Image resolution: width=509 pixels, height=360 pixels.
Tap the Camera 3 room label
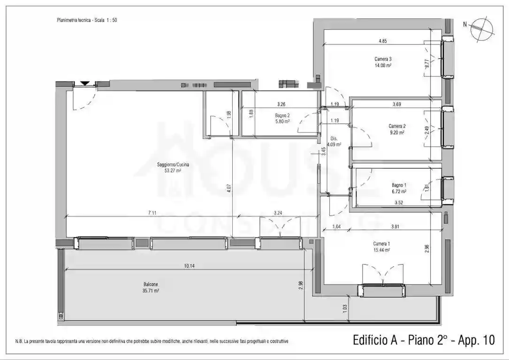tap(383, 59)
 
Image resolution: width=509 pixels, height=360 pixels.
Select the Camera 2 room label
tap(397, 126)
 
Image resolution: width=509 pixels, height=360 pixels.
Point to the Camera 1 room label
tap(381, 244)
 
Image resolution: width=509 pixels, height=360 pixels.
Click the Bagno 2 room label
tap(282, 115)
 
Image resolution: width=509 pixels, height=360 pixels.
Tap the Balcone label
tap(151, 284)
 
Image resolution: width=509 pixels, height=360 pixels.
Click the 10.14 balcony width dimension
tap(189, 266)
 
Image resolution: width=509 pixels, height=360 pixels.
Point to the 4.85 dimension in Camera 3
tap(383, 41)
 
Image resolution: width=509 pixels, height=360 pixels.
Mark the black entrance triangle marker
tap(84, 83)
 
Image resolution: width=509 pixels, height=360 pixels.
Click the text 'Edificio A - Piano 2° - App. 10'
tap(423, 340)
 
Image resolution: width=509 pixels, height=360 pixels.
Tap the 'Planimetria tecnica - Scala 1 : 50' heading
tap(87, 20)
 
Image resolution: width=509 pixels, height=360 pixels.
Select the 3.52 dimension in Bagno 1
tap(399, 202)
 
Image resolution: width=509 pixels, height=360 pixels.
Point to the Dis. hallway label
tap(334, 139)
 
